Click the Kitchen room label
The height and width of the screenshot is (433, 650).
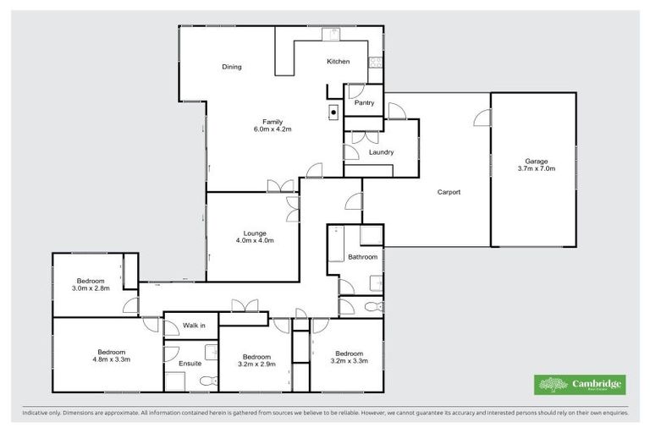[x=339, y=62]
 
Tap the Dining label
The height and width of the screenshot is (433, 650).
[x=232, y=67]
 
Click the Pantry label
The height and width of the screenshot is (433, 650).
[x=365, y=103]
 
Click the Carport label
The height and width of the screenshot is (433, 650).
[x=449, y=192]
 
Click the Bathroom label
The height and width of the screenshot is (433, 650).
[x=362, y=256]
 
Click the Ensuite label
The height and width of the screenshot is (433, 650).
[x=190, y=364]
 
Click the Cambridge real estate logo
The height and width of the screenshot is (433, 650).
[x=580, y=385]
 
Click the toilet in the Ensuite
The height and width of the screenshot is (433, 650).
[x=207, y=381]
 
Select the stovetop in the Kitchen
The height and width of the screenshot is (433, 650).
[x=374, y=62]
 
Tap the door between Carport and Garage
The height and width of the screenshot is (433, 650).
[x=482, y=118]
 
